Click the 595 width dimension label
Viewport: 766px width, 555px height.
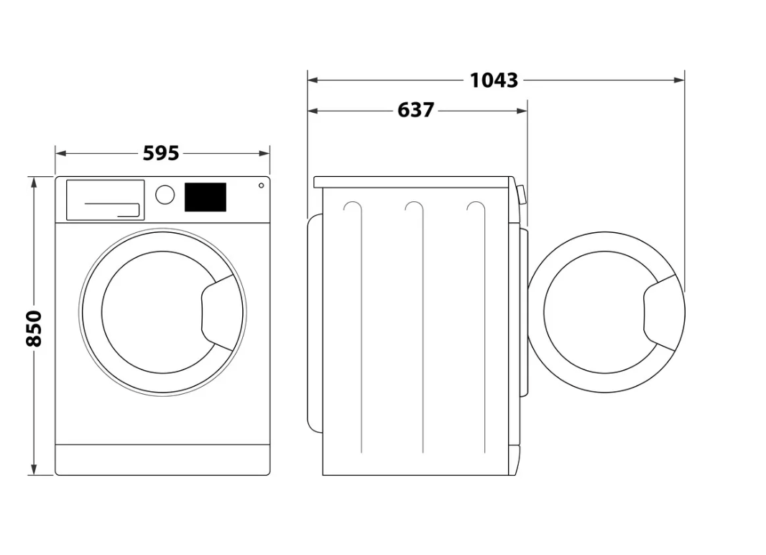tap(161, 153)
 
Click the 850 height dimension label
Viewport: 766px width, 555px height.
tap(34, 328)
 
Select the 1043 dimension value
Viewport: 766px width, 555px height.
tap(494, 80)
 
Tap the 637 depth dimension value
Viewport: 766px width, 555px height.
tap(416, 110)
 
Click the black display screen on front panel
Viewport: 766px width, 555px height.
tap(206, 197)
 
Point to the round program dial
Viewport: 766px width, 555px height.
tap(165, 194)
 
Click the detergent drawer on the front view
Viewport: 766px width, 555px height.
tap(105, 200)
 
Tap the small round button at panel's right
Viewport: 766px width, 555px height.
tap(261, 185)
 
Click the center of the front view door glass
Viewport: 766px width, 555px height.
tap(152, 313)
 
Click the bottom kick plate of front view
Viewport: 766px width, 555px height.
tap(162, 459)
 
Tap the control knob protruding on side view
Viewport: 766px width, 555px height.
tap(520, 194)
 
